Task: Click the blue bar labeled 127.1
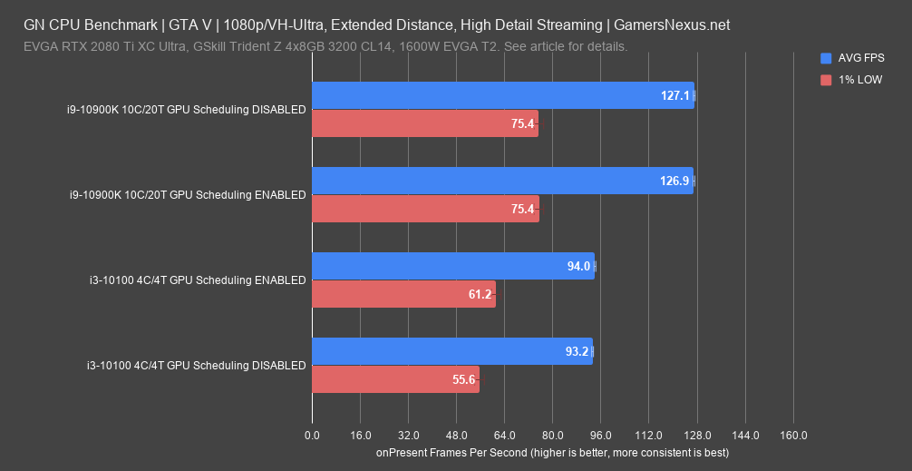point(503,95)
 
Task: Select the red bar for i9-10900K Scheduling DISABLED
point(425,123)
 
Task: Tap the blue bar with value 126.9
point(502,181)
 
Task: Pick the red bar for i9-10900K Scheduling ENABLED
point(425,209)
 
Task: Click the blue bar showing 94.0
point(453,266)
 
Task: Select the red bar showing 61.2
point(403,294)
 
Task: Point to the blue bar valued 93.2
point(451,351)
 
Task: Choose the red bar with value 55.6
point(395,379)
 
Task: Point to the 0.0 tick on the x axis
point(312,436)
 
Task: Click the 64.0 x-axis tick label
point(504,436)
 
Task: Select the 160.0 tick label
point(793,436)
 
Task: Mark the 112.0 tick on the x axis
point(649,436)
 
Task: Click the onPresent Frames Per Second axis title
point(552,452)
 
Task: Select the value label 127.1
point(675,95)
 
